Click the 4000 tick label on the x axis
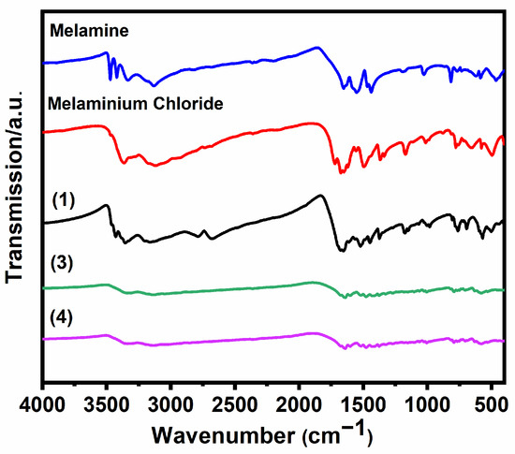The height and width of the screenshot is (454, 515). click(x=43, y=405)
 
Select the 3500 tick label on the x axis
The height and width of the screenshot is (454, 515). click(x=107, y=405)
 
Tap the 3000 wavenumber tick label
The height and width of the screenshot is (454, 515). click(x=170, y=405)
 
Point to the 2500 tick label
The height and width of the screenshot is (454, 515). click(x=235, y=405)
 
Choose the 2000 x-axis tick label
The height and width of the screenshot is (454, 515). click(x=299, y=405)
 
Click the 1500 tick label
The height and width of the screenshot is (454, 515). click(x=363, y=405)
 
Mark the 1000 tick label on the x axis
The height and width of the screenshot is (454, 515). click(x=427, y=405)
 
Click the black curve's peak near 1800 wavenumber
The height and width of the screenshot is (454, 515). click(x=320, y=196)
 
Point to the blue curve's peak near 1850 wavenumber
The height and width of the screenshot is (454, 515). click(x=316, y=48)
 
